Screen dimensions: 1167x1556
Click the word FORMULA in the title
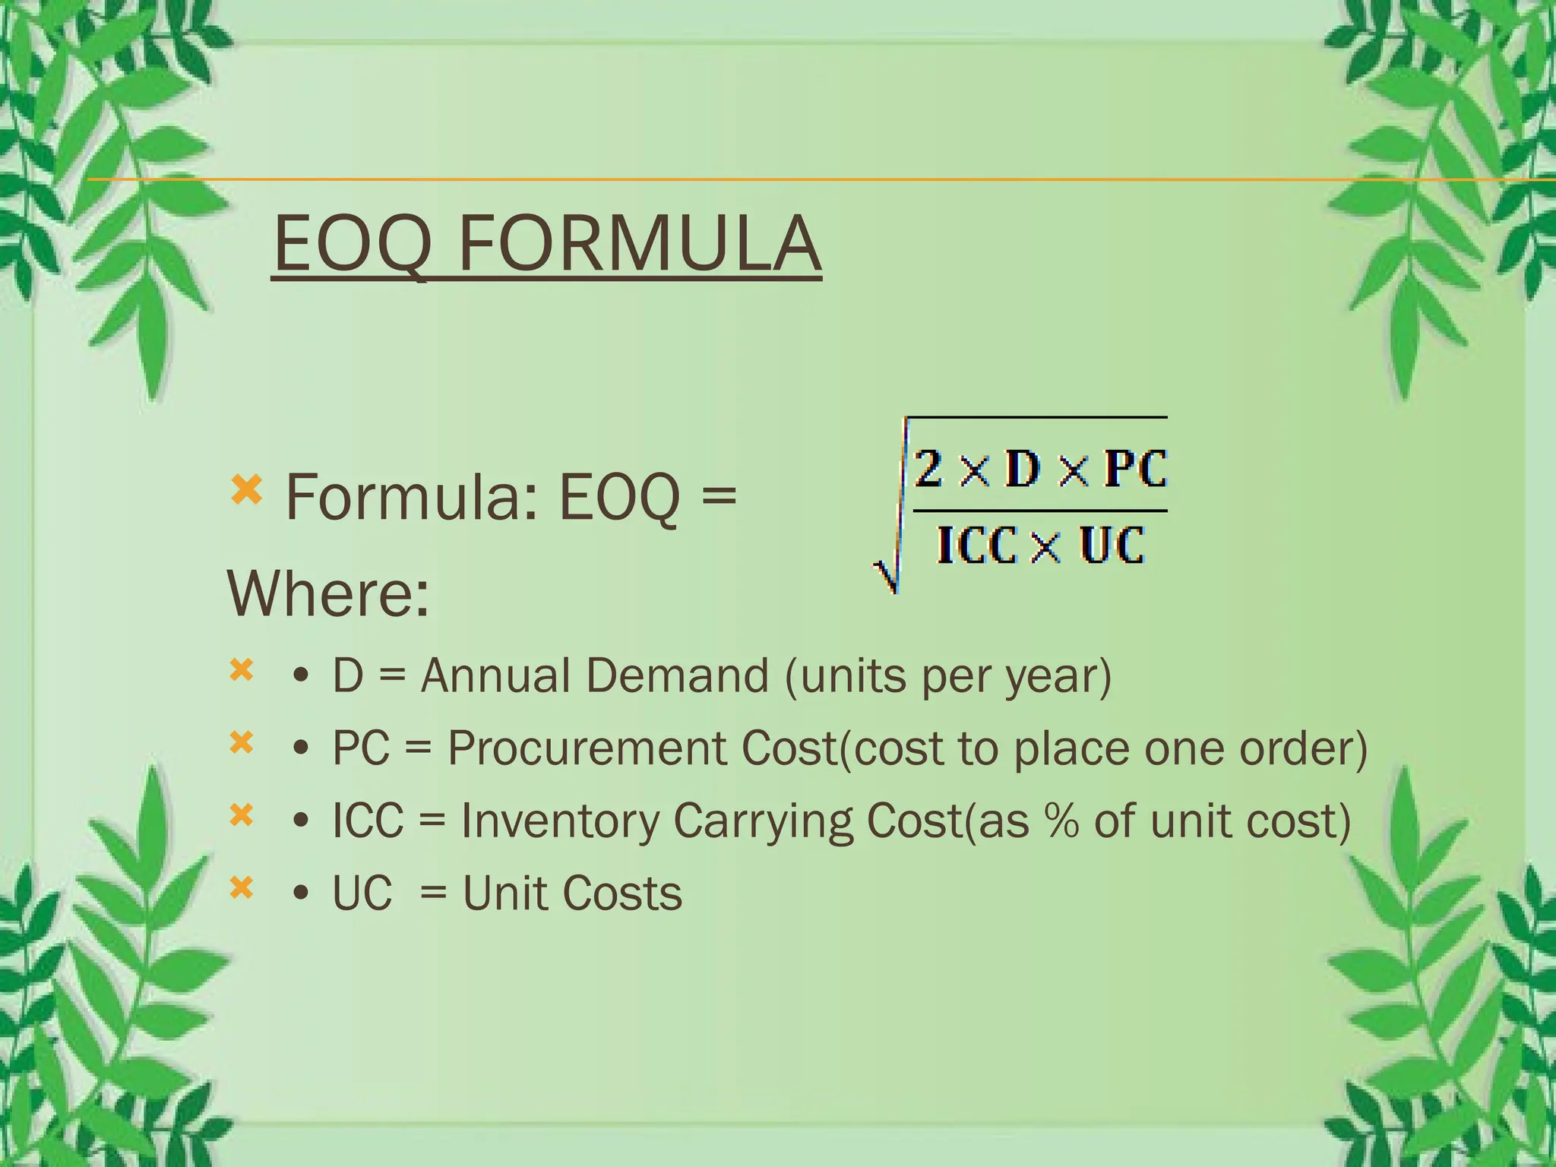640,243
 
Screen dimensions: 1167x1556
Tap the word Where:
328,593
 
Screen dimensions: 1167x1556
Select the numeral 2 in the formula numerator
928,468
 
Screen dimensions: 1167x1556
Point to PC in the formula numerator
1135,468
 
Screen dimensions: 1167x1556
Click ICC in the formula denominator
976,545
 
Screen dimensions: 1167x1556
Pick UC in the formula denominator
1112,545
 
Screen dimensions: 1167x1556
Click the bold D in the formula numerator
1023,468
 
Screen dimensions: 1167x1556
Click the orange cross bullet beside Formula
246,490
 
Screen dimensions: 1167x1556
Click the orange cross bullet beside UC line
242,887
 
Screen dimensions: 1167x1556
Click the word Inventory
561,822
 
